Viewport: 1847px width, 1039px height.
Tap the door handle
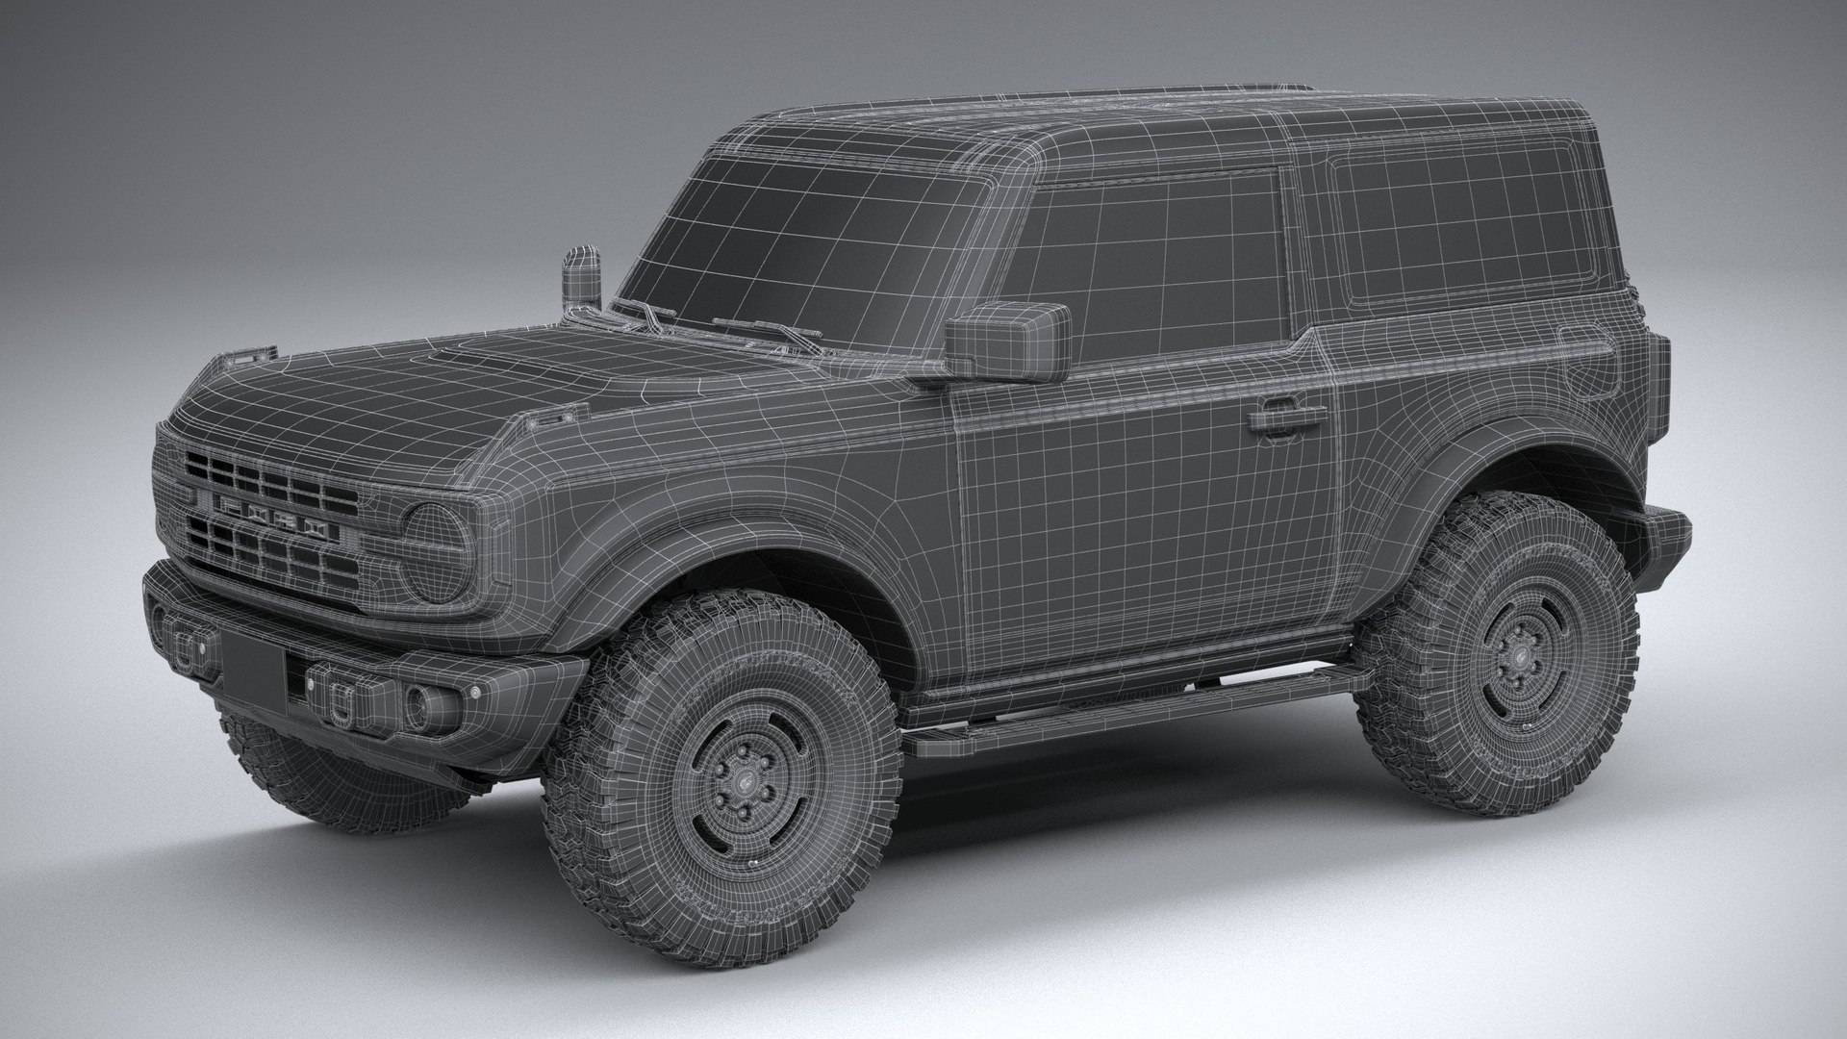(x=1285, y=420)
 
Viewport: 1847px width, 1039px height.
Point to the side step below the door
(x=1135, y=712)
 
